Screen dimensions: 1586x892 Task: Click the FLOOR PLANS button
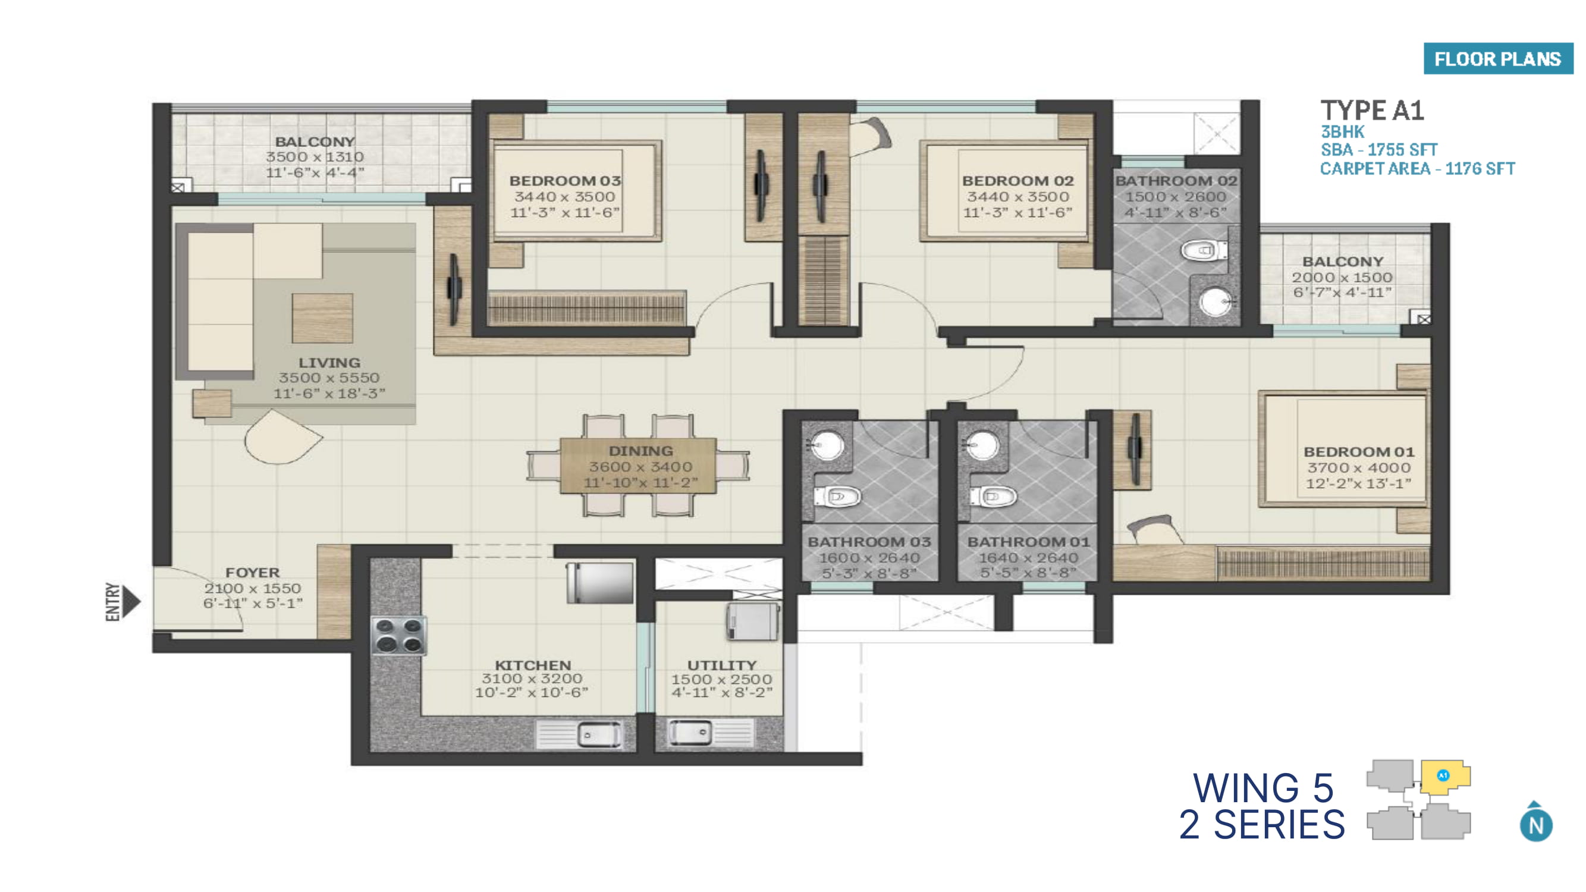[1498, 59]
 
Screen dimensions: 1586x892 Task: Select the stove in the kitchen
[399, 635]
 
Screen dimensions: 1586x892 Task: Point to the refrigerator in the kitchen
[599, 582]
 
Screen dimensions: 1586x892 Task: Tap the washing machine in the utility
[752, 622]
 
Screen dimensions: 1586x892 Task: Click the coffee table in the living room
[322, 318]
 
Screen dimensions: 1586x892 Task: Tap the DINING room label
[640, 451]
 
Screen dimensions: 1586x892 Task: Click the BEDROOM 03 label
[564, 181]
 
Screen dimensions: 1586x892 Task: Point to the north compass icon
[1535, 822]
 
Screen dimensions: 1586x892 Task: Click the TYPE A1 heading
[1373, 111]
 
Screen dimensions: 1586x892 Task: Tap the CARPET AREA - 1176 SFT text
[1417, 169]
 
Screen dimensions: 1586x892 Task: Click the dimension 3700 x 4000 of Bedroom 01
[1359, 468]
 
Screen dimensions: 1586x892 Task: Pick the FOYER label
[252, 573]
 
